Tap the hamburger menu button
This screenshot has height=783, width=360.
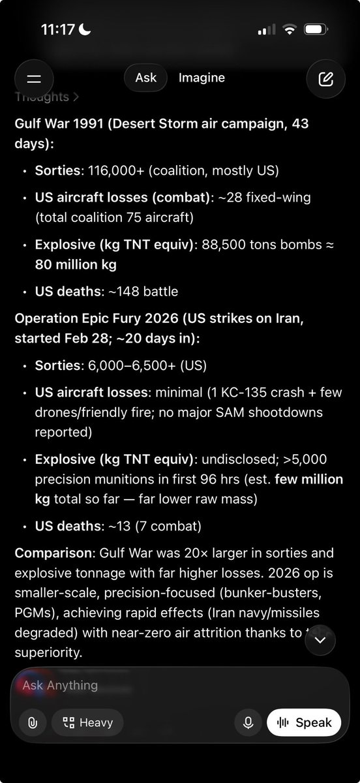[34, 79]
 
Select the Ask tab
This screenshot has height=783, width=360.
[145, 78]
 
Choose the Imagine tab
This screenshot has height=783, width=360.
[202, 78]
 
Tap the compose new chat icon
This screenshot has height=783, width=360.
[325, 79]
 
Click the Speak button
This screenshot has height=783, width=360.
[304, 722]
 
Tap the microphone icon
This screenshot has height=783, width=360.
[248, 722]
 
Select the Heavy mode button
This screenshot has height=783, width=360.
[87, 722]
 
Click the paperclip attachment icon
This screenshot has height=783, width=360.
[32, 722]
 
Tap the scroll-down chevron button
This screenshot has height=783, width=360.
[320, 640]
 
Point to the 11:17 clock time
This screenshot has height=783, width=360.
[59, 30]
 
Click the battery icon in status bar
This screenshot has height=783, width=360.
[316, 30]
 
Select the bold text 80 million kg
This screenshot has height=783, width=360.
[76, 266]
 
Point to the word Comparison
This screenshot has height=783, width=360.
[53, 553]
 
